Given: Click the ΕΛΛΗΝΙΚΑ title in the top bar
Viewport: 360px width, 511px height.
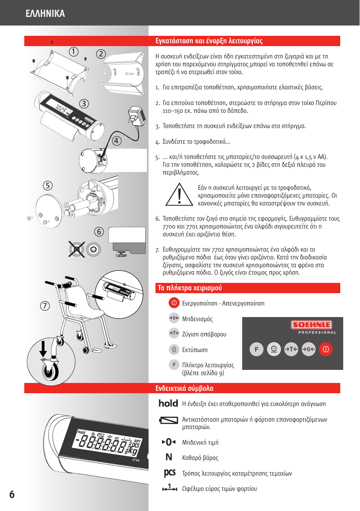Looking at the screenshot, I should (45, 14).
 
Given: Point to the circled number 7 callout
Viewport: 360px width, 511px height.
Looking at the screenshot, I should (45, 305).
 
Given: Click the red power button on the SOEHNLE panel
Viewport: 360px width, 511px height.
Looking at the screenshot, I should (325, 350).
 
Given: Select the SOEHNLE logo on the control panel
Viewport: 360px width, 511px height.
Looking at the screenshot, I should (311, 325).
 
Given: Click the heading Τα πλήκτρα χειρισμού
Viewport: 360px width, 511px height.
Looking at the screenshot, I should (190, 288).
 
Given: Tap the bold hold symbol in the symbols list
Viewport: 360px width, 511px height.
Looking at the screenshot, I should (168, 404).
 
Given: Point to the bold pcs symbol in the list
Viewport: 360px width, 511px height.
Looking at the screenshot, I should (170, 473).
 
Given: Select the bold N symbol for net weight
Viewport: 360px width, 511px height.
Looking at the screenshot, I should (169, 457).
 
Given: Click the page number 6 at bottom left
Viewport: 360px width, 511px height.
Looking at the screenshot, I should (12, 494).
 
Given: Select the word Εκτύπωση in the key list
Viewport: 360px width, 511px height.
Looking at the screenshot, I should (195, 350).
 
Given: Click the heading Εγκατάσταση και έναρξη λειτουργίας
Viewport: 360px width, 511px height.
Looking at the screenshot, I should (209, 41).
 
